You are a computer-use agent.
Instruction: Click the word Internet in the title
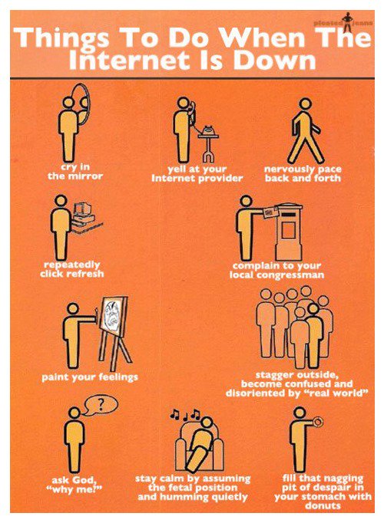click(135, 61)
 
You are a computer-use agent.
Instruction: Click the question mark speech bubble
click(96, 404)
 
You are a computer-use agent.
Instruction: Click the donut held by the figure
click(318, 420)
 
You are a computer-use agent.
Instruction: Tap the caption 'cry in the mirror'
click(75, 171)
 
